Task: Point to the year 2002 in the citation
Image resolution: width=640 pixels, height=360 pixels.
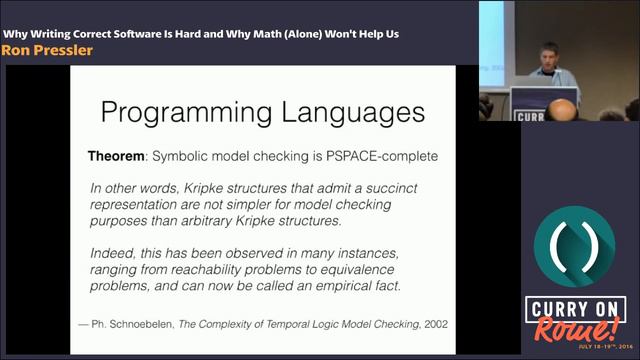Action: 432,323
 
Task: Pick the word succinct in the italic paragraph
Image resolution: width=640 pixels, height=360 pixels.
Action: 411,188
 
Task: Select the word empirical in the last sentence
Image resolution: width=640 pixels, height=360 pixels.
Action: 346,285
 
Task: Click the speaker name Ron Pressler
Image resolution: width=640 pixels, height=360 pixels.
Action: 47,50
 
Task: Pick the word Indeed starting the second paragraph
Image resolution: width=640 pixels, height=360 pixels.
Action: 115,251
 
